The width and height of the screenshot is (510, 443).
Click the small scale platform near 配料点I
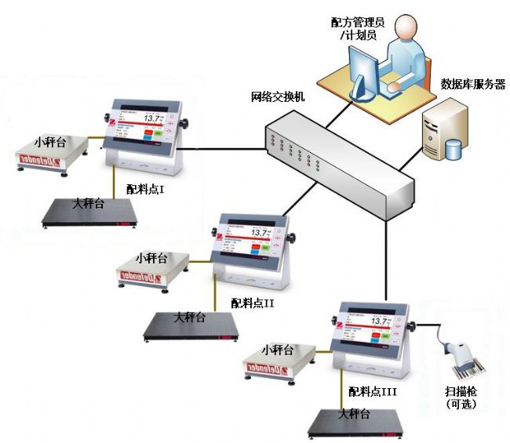point(50,152)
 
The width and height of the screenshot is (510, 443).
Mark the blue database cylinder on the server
point(454,149)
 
